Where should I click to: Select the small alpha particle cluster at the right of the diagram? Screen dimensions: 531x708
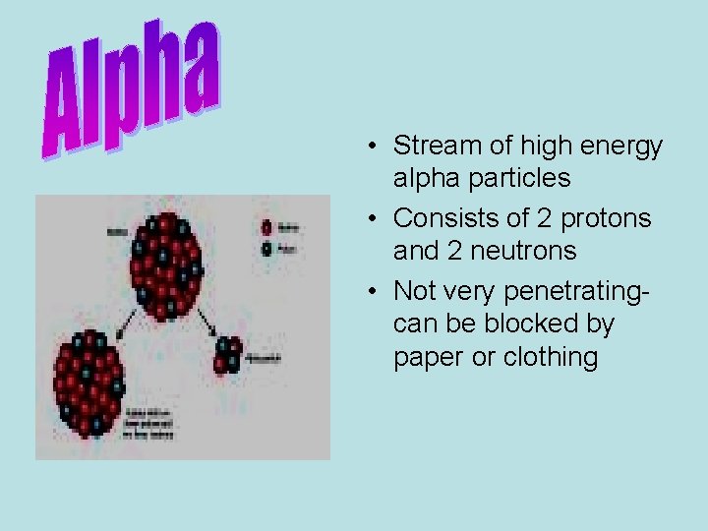pyautogui.click(x=229, y=356)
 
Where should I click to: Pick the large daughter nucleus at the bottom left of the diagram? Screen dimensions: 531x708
pyautogui.click(x=90, y=383)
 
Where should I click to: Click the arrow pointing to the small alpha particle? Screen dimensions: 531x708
pyautogui.click(x=207, y=322)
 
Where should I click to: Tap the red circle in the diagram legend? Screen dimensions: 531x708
pyautogui.click(x=266, y=226)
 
